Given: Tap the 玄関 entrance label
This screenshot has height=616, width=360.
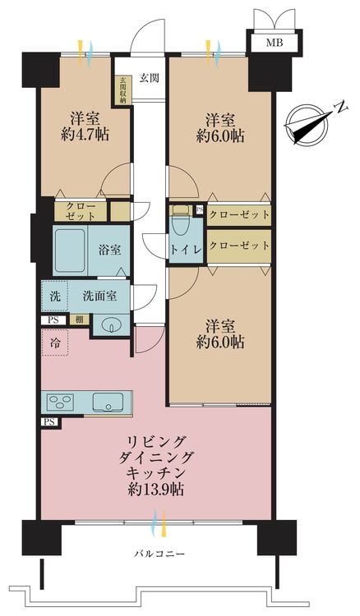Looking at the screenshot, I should coord(149,78).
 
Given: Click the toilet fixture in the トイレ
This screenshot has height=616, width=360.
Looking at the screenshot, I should coord(181,222).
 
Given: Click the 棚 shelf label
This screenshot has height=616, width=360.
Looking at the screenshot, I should coord(77,319).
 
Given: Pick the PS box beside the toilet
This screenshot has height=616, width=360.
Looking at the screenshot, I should coord(199,210).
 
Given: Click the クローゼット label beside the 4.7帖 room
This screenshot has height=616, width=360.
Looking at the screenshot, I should coord(81,210).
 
